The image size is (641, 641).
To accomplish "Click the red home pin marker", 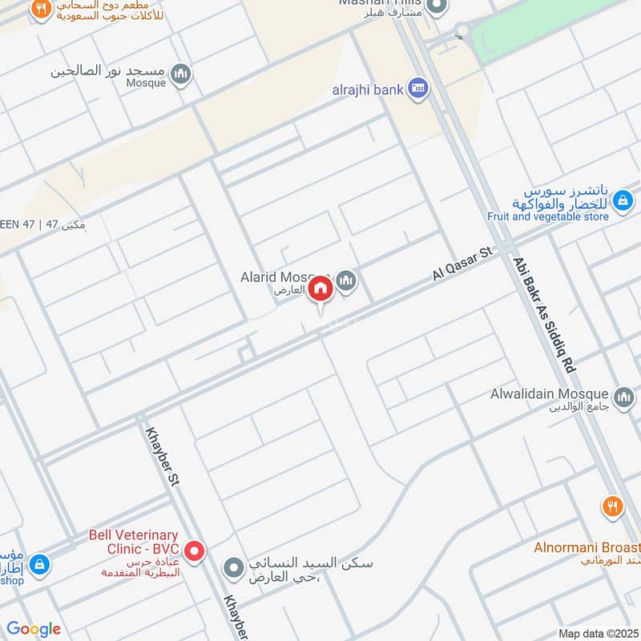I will (320, 288).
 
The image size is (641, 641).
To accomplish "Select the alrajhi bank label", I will (368, 90).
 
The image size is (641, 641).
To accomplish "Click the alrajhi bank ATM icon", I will (417, 89).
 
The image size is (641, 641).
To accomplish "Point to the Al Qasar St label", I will (462, 264).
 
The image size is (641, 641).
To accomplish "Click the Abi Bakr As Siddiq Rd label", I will (544, 312).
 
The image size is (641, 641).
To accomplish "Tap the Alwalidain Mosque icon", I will (623, 396).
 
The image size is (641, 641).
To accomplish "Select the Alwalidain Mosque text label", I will (550, 394).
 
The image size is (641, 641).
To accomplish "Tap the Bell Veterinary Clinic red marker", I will (194, 550).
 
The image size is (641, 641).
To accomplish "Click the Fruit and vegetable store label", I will (548, 216).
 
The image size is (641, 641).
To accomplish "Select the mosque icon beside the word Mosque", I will (183, 75).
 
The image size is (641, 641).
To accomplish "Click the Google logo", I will (34, 629).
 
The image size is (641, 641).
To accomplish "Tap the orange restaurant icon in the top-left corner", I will (38, 10).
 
